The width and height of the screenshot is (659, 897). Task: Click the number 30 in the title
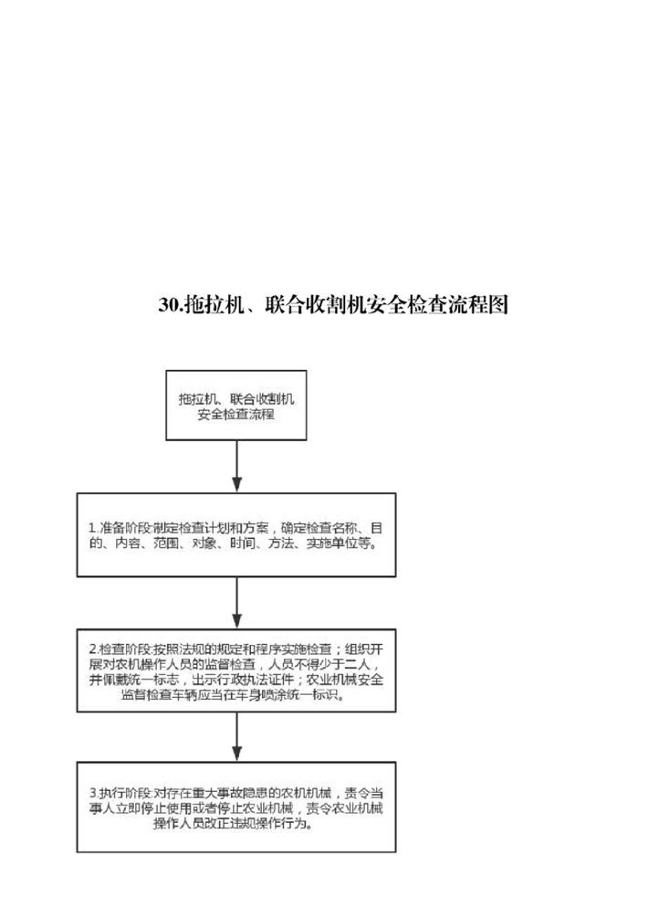169,304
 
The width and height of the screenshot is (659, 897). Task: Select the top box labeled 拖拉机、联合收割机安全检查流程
236,405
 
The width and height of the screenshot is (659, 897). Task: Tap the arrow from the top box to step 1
236,466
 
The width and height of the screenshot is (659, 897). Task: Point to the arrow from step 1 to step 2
236,602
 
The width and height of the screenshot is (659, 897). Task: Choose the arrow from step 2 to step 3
236,737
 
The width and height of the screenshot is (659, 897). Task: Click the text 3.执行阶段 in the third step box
120,794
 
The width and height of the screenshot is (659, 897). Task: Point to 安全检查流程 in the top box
236,414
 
